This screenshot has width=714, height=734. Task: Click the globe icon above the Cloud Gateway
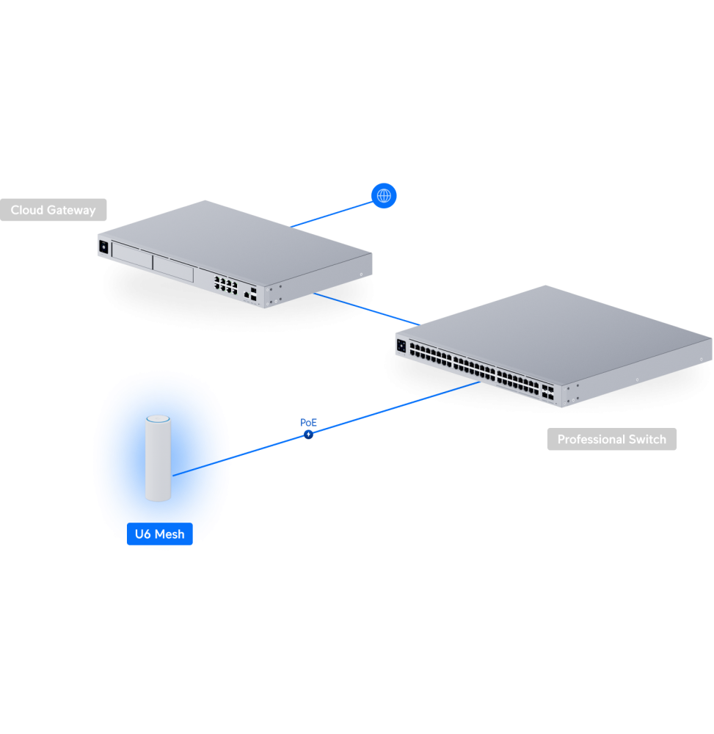(x=383, y=195)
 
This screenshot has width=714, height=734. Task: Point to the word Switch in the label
(x=649, y=440)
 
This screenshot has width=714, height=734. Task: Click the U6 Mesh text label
(x=159, y=534)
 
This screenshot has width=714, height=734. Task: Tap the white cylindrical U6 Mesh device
(x=158, y=462)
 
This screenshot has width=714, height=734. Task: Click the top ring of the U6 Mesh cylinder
(x=158, y=421)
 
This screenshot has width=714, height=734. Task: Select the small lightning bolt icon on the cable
(x=309, y=435)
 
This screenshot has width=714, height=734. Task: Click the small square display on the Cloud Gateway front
(x=103, y=247)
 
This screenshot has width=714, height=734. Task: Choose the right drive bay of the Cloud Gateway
(x=173, y=269)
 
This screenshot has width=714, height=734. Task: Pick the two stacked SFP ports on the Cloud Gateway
(x=253, y=296)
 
